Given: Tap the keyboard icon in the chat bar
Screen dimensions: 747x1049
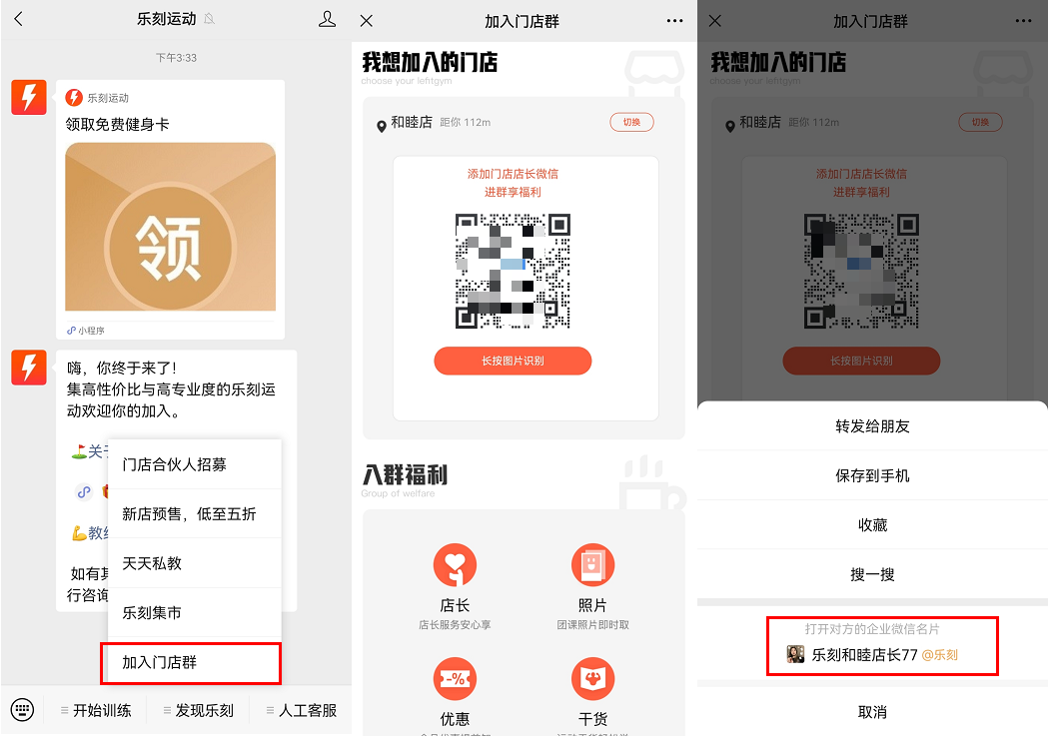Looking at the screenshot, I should coord(22,710).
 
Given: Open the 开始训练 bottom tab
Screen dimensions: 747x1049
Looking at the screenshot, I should coord(97,710).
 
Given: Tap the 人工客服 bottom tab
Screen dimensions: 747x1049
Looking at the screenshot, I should coord(302,710).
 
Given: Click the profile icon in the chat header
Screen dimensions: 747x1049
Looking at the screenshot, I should coord(327,19).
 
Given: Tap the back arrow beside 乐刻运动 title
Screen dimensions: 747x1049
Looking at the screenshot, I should coord(19,19).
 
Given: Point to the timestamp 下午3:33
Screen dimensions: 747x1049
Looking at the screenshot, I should coord(176,58).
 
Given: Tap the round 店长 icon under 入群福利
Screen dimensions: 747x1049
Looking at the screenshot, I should coord(455,566).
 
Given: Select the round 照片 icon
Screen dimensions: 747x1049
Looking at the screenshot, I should coord(592,566).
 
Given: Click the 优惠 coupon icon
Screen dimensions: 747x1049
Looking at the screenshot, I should coord(455,679).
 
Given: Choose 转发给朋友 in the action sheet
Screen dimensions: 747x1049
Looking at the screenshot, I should coord(872,426).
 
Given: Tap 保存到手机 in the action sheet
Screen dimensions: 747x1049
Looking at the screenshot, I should coord(872,475).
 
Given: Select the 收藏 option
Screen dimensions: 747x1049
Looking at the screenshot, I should coord(872,525).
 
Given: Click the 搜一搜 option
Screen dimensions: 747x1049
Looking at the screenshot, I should coord(872,574).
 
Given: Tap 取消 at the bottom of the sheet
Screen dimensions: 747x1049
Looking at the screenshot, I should coord(872,711).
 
